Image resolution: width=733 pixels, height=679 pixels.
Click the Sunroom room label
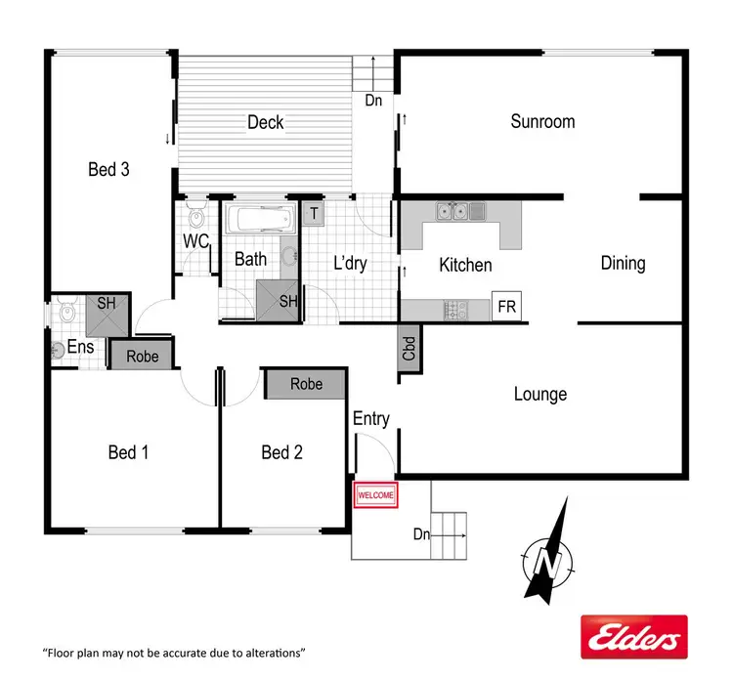tap(542, 122)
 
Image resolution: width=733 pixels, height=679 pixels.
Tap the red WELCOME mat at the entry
tap(376, 495)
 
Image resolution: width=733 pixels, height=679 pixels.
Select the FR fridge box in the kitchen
tap(506, 306)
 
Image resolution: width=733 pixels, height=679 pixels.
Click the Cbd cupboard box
tap(410, 349)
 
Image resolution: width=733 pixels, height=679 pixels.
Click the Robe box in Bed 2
tap(306, 384)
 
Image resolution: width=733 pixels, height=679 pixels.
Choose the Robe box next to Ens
tap(142, 354)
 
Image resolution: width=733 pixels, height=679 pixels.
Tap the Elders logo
tap(634, 638)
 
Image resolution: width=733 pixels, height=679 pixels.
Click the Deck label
tap(265, 122)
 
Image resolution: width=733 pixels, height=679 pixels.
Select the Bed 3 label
tap(108, 169)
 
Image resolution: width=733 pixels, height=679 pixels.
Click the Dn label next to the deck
tap(373, 100)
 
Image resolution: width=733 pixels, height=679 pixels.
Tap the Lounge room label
tap(540, 395)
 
